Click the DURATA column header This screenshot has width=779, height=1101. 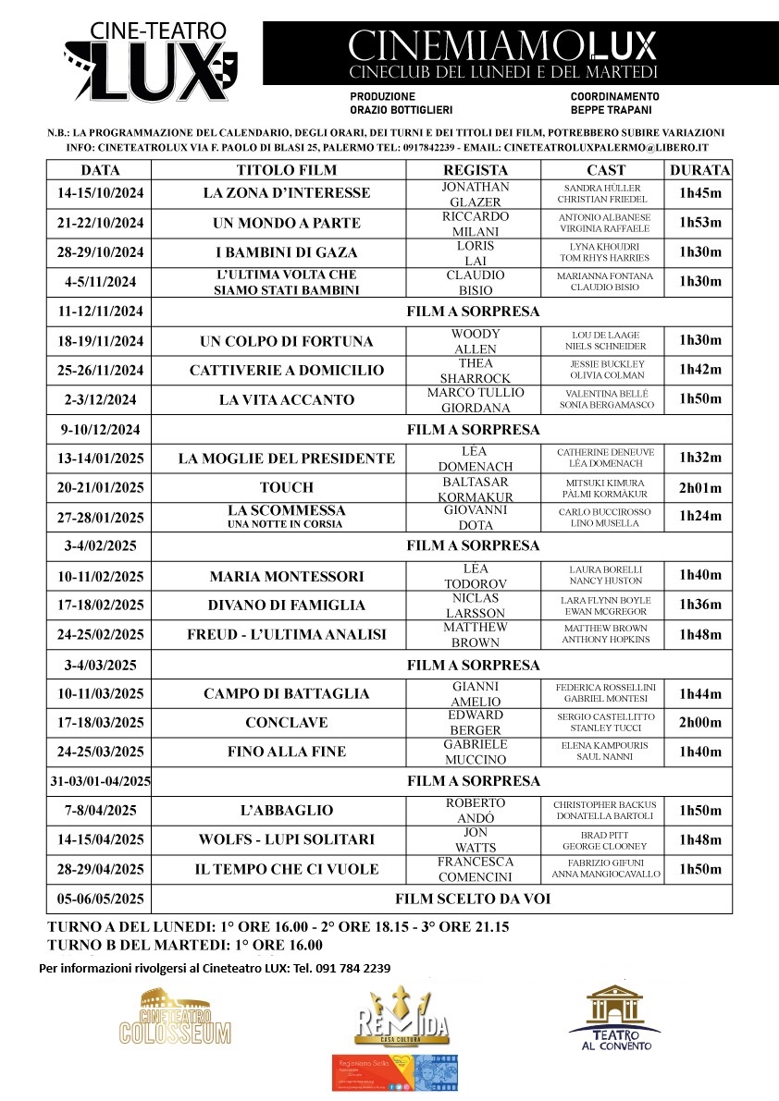tap(699, 170)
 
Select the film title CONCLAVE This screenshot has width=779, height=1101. tap(287, 723)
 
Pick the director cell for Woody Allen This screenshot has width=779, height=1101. tap(476, 341)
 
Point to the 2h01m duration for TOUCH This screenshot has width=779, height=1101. tap(699, 488)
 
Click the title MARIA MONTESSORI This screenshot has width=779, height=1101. tap(287, 577)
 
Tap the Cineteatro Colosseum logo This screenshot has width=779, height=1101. tap(175, 1017)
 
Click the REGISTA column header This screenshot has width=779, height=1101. tap(476, 170)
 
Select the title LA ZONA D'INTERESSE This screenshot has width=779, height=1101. tap(287, 193)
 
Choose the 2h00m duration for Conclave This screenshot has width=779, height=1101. tap(699, 723)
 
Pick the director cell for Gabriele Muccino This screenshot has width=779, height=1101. tap(476, 752)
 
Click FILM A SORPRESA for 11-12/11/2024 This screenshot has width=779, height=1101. tap(473, 312)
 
